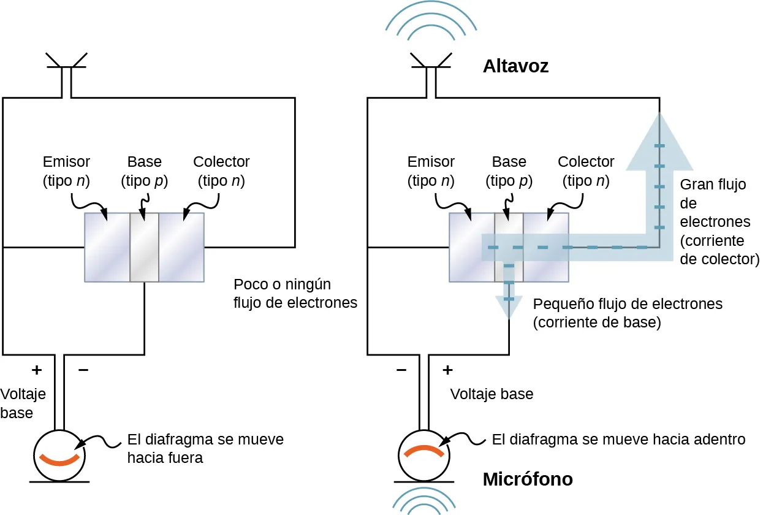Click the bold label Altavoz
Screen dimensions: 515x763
click(x=515, y=66)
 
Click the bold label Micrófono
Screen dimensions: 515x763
click(x=528, y=479)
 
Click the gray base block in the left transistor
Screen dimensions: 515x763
click(x=144, y=247)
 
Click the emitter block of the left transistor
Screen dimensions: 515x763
click(x=107, y=247)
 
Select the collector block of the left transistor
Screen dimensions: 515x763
click(x=181, y=247)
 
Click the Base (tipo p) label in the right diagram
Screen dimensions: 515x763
click(x=509, y=172)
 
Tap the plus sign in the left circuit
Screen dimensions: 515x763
click(x=37, y=370)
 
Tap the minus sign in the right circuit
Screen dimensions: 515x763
click(x=401, y=370)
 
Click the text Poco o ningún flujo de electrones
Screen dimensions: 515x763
click(x=295, y=293)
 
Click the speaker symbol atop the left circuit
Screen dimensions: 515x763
click(x=66, y=67)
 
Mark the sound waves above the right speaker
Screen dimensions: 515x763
click(x=430, y=21)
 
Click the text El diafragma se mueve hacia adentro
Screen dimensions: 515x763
click(x=618, y=440)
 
